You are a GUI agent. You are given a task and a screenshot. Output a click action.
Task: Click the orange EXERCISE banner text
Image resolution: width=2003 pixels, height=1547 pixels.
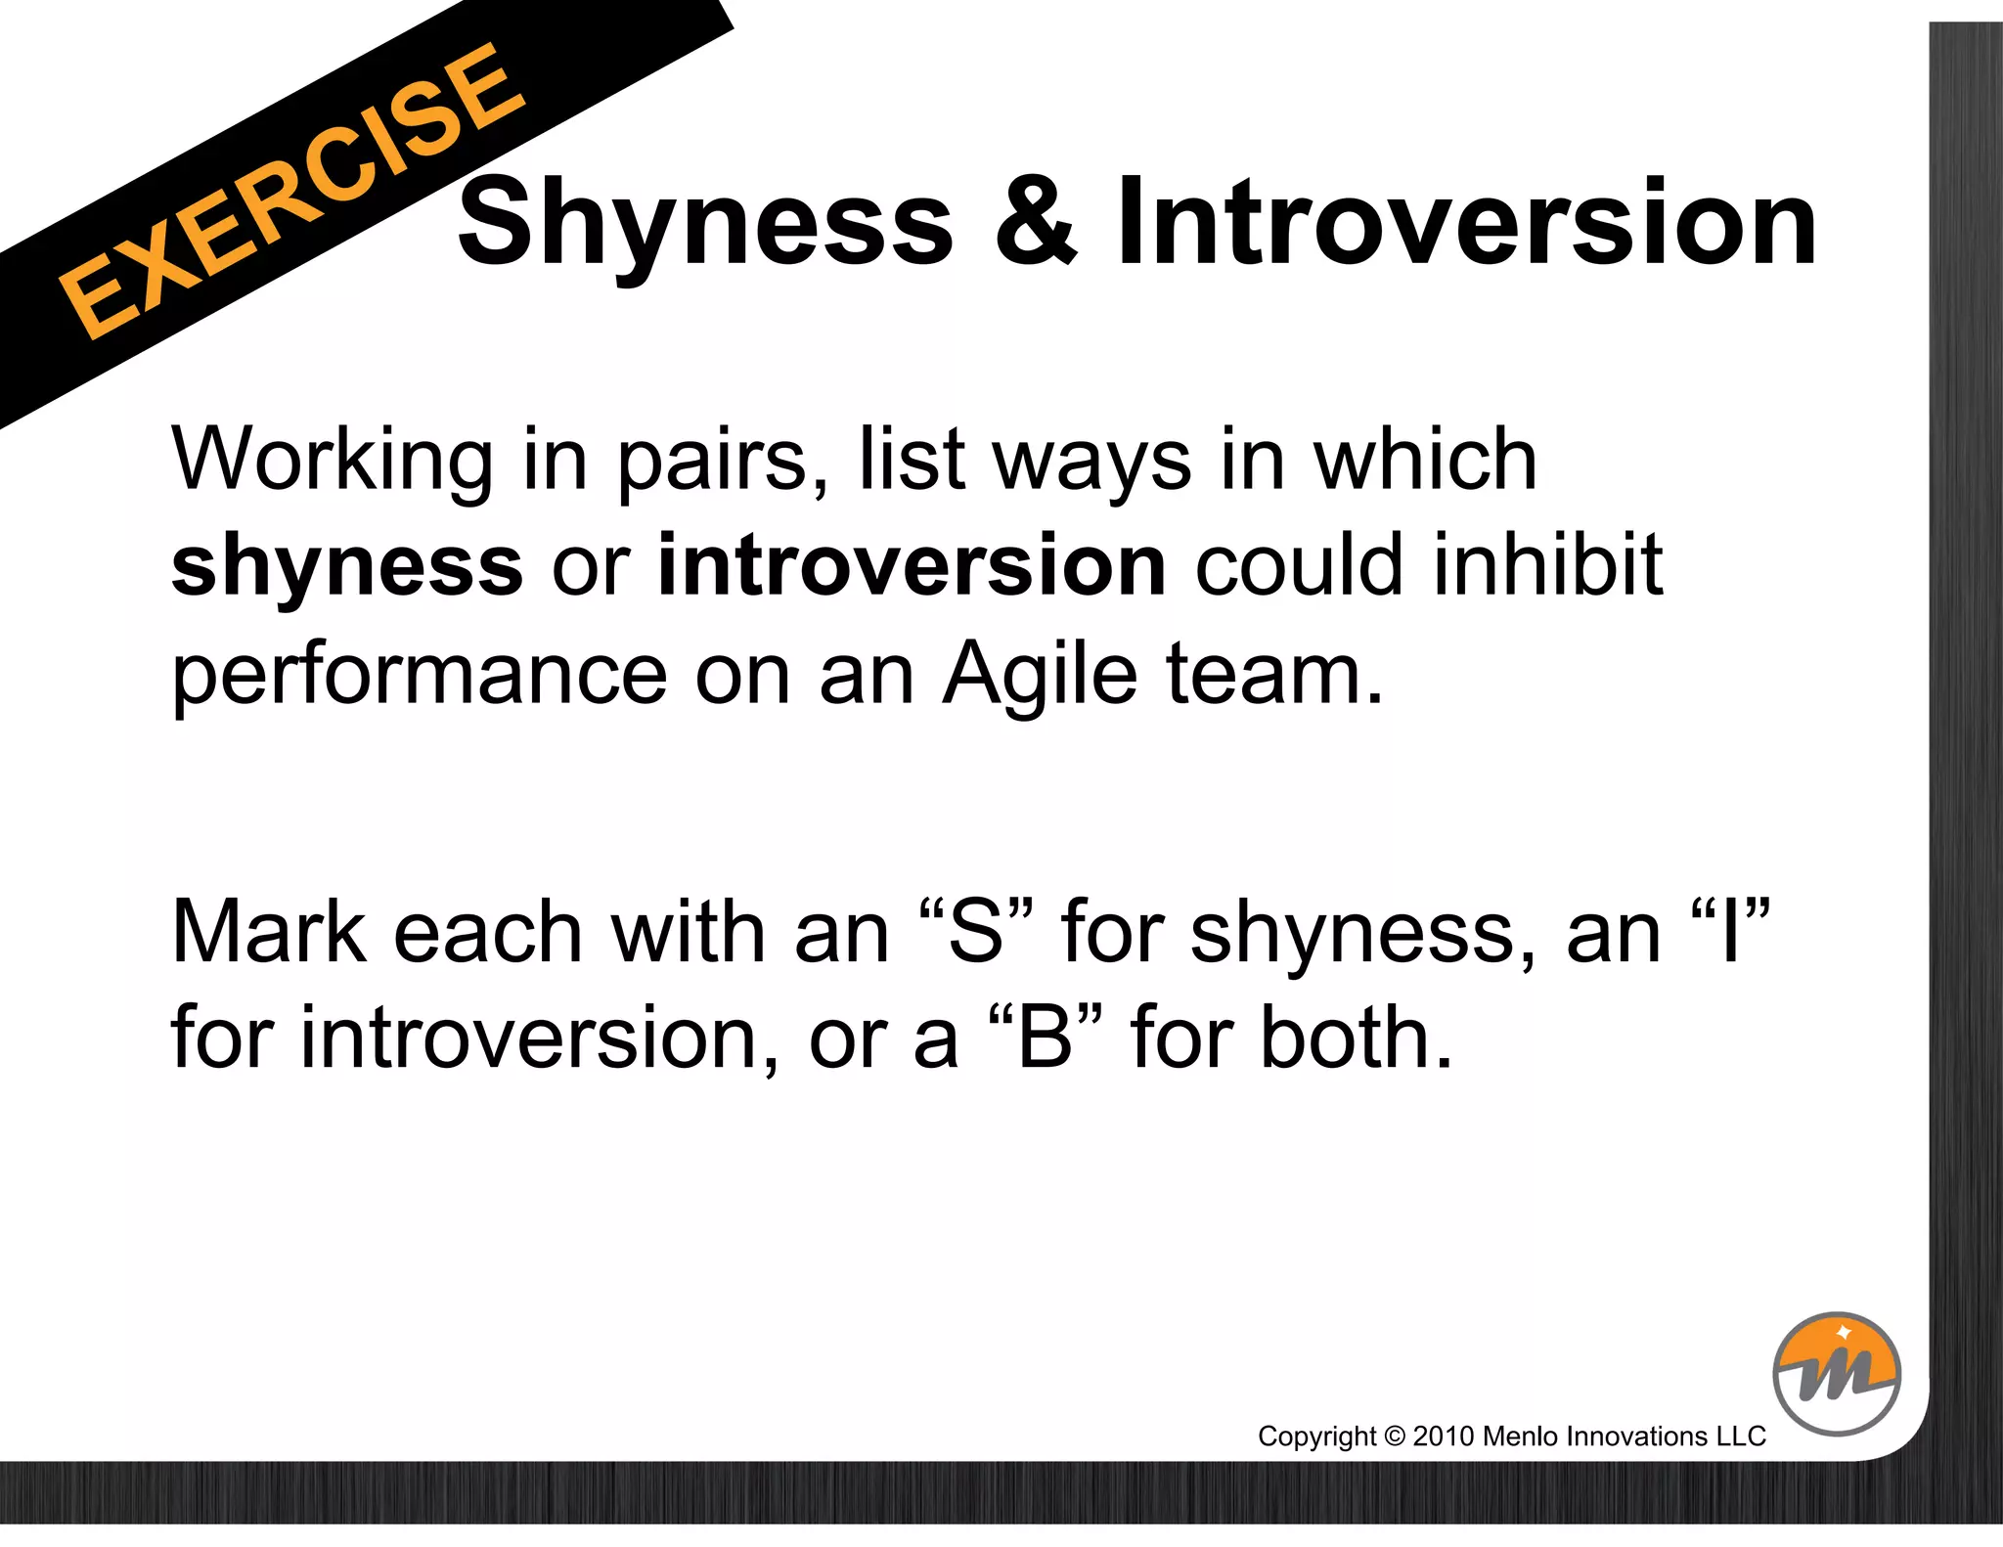pyautogui.click(x=290, y=192)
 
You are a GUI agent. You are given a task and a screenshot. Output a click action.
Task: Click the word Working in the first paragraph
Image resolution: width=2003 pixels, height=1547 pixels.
pyautogui.click(x=333, y=461)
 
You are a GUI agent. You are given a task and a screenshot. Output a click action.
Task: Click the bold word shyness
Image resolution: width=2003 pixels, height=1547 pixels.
pyautogui.click(x=347, y=567)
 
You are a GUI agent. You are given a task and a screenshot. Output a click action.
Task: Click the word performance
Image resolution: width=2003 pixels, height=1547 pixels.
pyautogui.click(x=420, y=677)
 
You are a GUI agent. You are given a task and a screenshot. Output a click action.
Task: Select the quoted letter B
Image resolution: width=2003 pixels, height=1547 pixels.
pyautogui.click(x=1045, y=1039)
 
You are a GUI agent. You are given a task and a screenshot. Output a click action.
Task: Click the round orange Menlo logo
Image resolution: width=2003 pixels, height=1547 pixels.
pyautogui.click(x=1836, y=1374)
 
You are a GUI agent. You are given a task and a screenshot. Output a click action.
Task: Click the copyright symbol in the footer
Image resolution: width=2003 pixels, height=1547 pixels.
pyautogui.click(x=1395, y=1436)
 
